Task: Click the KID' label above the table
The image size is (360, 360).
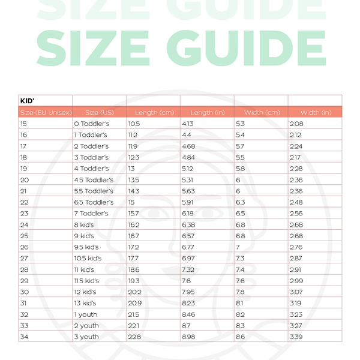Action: (28, 101)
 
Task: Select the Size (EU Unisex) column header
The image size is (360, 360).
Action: (46, 113)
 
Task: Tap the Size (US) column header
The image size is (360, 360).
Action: (100, 113)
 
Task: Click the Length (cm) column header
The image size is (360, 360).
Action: (154, 113)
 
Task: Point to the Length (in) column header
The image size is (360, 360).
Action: (207, 113)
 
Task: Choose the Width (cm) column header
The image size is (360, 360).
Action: (262, 113)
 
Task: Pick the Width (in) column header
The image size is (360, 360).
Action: (316, 113)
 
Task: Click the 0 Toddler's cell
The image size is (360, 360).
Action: (91, 124)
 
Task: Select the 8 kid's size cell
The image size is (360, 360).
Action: (85, 225)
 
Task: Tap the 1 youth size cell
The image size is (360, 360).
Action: (86, 314)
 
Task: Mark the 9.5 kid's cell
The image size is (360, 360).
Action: (88, 247)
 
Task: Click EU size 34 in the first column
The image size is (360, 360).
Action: (24, 337)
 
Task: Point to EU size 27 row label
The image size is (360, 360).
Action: (24, 259)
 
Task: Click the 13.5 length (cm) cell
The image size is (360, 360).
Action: (133, 180)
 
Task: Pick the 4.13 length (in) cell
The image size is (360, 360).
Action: (187, 124)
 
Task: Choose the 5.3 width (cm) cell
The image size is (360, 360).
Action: (241, 124)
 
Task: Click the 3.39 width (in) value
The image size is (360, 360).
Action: (296, 337)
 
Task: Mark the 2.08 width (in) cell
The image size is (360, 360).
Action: (296, 124)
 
